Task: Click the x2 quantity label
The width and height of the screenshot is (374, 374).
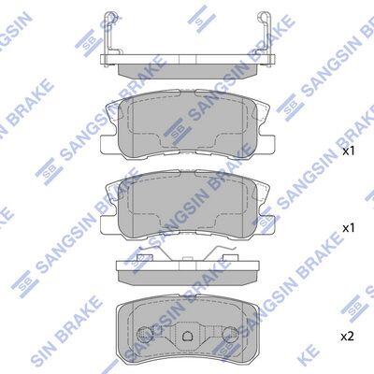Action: click(x=348, y=337)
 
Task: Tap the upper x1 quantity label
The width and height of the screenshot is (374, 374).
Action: click(x=349, y=151)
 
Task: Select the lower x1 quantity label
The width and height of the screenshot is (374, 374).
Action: click(x=349, y=228)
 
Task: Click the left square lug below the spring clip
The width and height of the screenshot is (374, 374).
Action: click(x=145, y=258)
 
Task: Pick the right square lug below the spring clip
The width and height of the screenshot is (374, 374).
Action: click(x=231, y=258)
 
